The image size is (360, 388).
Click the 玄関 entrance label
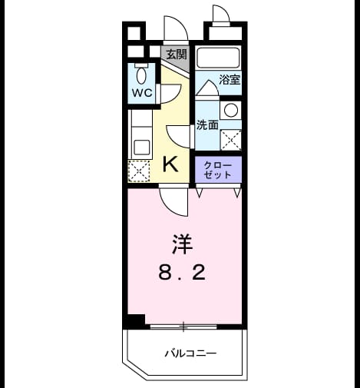177,55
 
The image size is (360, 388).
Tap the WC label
142,93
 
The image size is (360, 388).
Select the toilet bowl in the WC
141,73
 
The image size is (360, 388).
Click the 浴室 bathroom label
230,80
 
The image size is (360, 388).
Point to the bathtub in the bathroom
218,57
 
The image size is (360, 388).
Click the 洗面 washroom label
207,124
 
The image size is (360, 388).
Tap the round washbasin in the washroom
231,110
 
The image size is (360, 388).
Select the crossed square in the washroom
231,140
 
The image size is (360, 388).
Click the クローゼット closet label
218,170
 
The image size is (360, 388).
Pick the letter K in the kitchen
170,164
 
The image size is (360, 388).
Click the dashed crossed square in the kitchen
139,171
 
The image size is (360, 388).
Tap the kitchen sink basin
142,148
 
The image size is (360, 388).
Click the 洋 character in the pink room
182,244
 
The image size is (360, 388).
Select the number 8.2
182,273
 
